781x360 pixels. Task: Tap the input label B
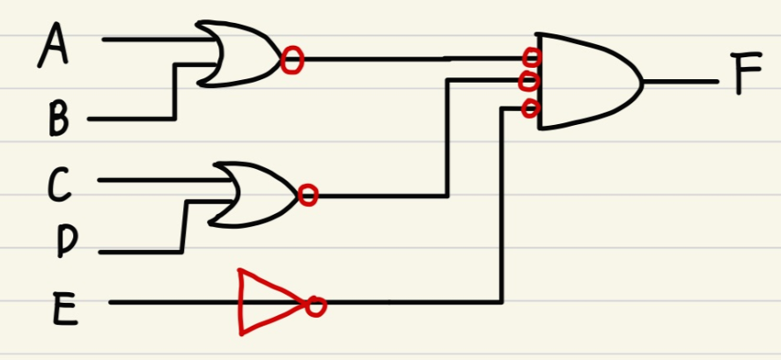pos(59,119)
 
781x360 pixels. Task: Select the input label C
pos(59,184)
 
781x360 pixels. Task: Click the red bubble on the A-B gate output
pos(292,60)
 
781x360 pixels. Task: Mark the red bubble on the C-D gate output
pos(307,195)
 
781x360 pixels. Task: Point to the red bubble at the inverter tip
pos(316,306)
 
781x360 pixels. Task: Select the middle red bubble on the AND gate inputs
pos(529,82)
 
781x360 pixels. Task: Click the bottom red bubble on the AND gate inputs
pos(530,108)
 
